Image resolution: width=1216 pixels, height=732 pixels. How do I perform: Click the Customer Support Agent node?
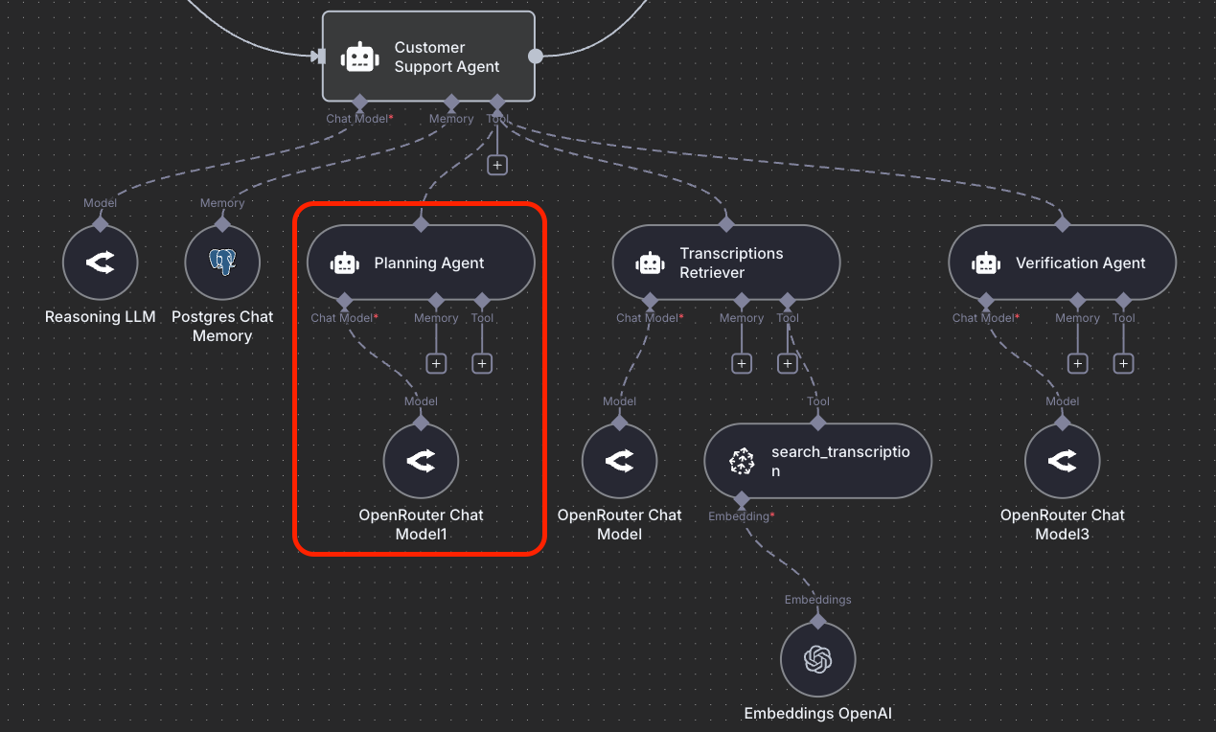click(427, 57)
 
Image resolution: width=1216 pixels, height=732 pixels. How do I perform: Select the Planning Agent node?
click(420, 263)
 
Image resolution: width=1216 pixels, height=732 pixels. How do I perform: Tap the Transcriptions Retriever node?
click(725, 263)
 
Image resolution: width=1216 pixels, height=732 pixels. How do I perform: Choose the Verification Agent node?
click(1062, 263)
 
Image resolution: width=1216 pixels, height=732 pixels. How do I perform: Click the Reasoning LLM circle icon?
click(100, 263)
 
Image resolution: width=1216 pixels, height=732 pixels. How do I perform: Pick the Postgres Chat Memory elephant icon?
click(222, 263)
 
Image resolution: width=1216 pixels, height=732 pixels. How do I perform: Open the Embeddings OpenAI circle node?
click(817, 659)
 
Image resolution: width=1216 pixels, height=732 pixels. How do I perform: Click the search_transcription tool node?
click(817, 462)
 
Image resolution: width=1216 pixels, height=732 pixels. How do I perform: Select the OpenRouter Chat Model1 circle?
click(421, 462)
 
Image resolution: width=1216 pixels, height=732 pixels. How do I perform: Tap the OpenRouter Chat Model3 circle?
click(1062, 462)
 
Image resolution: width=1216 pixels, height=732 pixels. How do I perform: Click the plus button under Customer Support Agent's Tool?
click(496, 165)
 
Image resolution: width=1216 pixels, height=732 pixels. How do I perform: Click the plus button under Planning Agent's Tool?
click(482, 364)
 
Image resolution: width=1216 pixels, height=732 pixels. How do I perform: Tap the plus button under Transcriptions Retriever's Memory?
click(742, 364)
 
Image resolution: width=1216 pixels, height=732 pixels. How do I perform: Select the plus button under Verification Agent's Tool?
click(1124, 364)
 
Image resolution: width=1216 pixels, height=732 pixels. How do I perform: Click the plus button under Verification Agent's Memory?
click(1078, 364)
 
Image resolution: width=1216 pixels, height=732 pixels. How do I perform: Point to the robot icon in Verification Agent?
click(986, 263)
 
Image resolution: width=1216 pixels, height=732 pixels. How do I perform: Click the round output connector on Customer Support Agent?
click(536, 57)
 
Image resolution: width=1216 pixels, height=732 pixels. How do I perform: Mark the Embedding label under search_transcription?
click(739, 516)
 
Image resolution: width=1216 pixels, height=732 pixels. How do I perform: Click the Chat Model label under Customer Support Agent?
click(356, 119)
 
